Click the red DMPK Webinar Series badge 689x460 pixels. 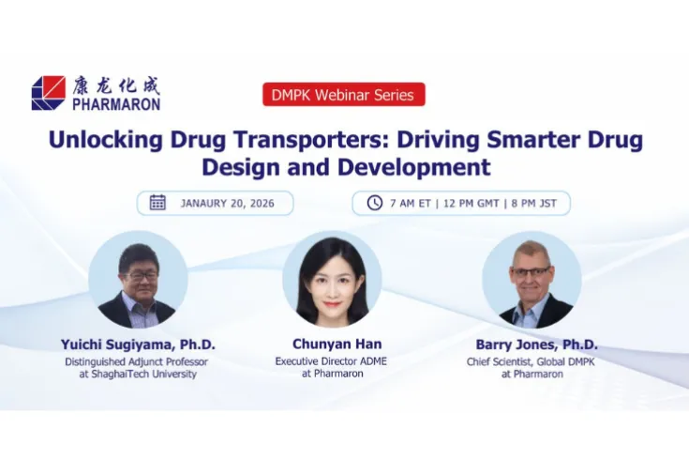click(344, 94)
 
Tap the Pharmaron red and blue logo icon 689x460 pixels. click(49, 93)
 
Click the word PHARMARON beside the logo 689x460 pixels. click(116, 103)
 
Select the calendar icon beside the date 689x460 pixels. click(157, 203)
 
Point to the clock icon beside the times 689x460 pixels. click(374, 203)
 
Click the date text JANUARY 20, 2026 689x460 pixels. click(228, 203)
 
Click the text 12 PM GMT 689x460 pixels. click(473, 203)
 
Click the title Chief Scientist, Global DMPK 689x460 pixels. click(530, 361)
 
